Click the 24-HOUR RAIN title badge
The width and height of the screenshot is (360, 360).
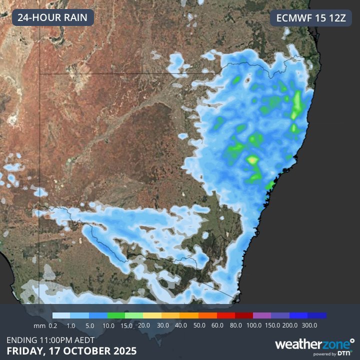click(x=52, y=18)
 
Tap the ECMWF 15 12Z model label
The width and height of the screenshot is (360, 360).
click(x=311, y=18)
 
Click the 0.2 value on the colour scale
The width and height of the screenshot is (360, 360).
click(x=52, y=325)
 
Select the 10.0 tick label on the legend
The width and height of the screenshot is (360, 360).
click(x=107, y=325)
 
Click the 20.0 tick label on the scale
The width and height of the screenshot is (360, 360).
click(x=143, y=325)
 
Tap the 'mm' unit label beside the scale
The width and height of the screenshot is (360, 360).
click(x=39, y=325)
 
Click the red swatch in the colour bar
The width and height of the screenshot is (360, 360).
click(x=226, y=315)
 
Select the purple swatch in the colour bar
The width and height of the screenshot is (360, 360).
click(x=262, y=315)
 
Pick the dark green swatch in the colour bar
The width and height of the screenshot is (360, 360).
click(x=116, y=315)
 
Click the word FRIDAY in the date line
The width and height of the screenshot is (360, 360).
click(x=24, y=350)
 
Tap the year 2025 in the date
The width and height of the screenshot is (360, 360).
click(x=123, y=350)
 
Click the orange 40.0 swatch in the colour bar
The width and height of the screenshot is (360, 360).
click(x=189, y=315)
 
